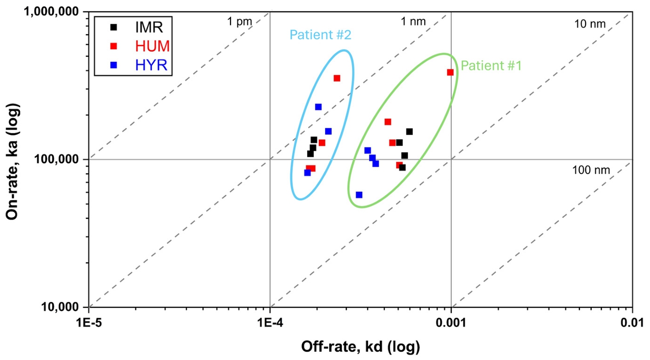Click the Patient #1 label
click(491, 66)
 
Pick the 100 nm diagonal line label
click(591, 170)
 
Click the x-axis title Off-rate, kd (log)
click(361, 347)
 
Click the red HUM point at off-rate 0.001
click(450, 72)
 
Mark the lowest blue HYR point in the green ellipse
click(359, 195)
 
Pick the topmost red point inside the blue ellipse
click(337, 78)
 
